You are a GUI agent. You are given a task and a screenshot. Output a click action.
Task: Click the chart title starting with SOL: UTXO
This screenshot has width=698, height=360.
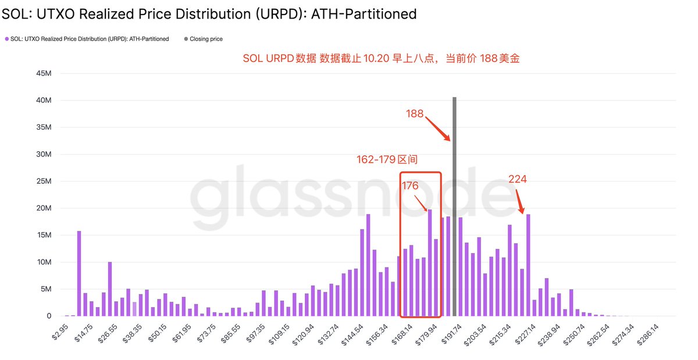coord(209,13)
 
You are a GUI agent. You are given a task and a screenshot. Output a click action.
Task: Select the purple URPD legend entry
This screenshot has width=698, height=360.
coord(87,39)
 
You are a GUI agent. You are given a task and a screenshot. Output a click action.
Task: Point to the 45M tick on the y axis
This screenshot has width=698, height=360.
coord(44,74)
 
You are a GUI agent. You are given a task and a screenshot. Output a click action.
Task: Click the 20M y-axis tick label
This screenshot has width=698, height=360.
coord(44,208)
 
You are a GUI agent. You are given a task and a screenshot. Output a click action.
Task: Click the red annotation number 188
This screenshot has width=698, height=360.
coord(415,114)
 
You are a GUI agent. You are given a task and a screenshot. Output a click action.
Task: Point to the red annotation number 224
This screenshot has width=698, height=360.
coord(517,179)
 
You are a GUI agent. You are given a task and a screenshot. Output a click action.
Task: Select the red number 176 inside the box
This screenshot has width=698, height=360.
coord(411,186)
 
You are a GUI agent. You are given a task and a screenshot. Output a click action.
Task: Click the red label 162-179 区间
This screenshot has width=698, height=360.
coord(387,159)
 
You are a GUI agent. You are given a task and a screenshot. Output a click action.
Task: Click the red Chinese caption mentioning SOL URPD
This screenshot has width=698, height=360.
coord(381,59)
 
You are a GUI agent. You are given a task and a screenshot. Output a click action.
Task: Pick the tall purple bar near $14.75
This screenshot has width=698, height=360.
coord(79,273)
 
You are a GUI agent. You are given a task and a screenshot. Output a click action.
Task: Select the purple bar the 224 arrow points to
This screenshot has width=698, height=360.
coord(528,265)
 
